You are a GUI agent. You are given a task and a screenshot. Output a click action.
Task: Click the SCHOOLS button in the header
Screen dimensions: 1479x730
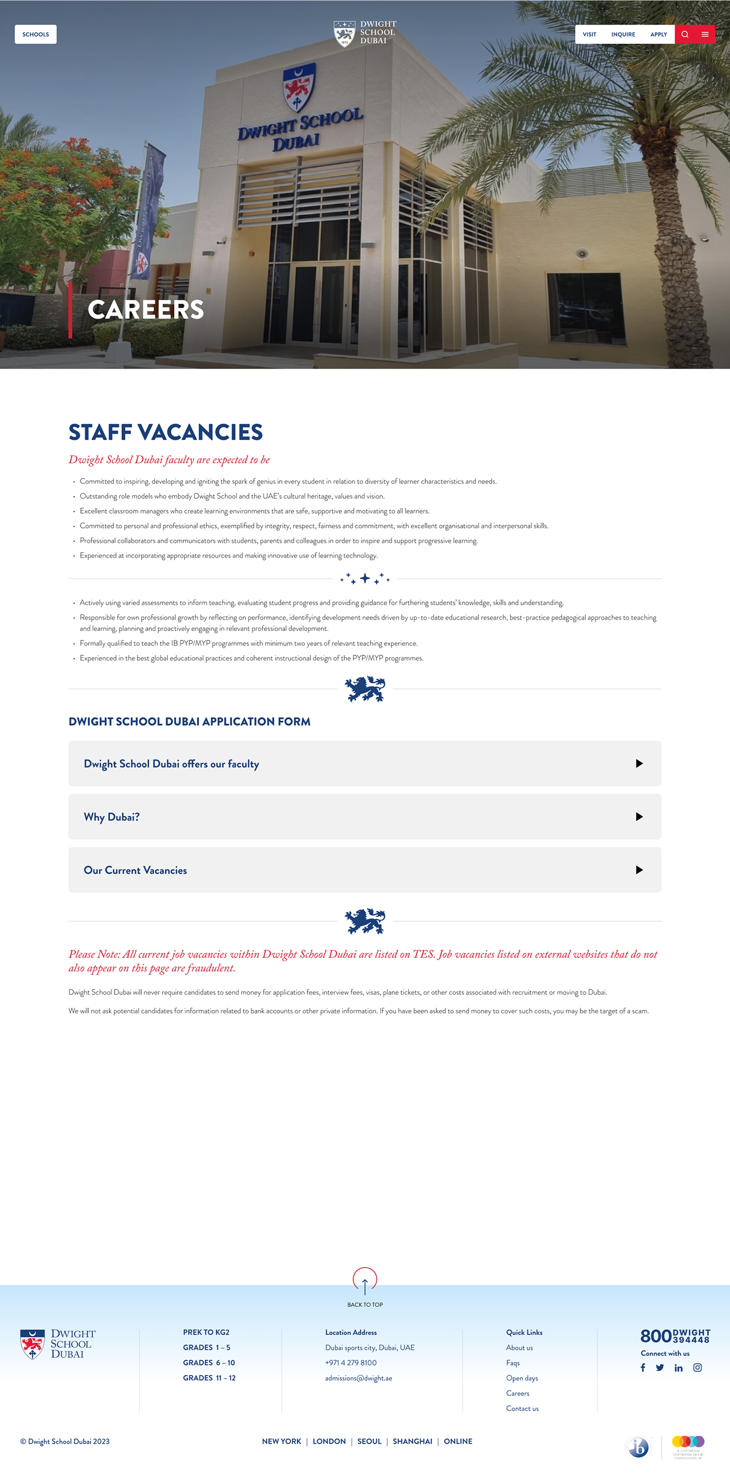point(36,35)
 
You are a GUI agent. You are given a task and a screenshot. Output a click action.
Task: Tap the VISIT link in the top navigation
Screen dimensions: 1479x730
point(589,35)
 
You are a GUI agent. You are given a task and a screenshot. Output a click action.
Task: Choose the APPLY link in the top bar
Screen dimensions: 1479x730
point(658,35)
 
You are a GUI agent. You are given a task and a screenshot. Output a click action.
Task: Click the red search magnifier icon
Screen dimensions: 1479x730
point(685,35)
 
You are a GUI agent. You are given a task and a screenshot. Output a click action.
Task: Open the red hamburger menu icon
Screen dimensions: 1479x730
point(705,35)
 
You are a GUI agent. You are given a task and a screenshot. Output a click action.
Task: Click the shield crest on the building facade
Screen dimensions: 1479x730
point(299,87)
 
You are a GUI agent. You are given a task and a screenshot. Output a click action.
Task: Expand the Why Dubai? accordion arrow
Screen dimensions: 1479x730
point(639,816)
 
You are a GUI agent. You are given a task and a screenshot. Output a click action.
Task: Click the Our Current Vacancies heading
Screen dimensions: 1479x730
point(135,870)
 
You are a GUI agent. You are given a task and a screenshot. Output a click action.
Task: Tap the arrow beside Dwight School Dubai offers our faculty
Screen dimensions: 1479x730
point(639,763)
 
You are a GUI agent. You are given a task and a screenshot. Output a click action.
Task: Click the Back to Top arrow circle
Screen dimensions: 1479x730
point(364,1280)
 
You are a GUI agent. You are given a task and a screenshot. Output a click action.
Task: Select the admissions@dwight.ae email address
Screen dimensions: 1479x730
point(359,1378)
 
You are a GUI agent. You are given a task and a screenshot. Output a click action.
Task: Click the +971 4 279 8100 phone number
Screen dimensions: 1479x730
point(351,1362)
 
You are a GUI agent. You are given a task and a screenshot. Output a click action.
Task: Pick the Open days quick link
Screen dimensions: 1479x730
point(522,1378)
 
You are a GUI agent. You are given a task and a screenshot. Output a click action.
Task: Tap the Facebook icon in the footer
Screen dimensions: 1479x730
point(643,1368)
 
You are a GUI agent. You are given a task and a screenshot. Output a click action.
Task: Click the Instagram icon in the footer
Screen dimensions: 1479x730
point(697,1368)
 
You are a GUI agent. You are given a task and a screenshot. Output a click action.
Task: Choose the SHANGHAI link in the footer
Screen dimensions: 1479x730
point(412,1441)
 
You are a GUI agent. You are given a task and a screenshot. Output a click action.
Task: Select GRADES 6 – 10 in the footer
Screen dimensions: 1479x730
point(209,1362)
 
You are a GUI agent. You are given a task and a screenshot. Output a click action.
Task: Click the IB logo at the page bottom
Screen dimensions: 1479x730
point(638,1447)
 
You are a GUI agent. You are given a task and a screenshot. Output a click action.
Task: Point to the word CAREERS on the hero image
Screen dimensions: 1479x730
point(146,310)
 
